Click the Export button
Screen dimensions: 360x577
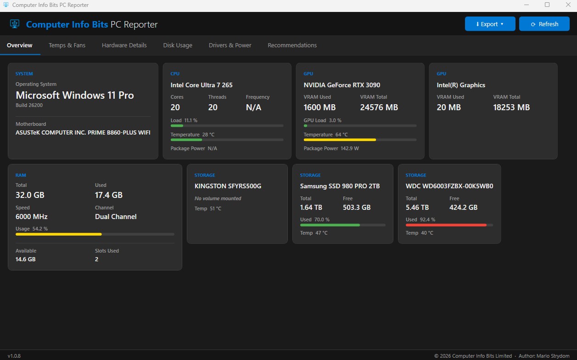click(x=490, y=24)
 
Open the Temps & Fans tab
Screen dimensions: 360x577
click(x=67, y=45)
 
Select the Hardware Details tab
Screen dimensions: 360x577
click(x=124, y=45)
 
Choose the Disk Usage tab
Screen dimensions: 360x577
click(x=178, y=45)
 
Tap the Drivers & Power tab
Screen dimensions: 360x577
click(x=230, y=45)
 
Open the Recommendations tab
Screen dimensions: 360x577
click(x=292, y=45)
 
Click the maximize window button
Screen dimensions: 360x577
click(x=547, y=5)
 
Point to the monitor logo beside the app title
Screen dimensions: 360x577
click(x=15, y=24)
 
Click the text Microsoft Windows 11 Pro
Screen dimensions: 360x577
click(x=75, y=96)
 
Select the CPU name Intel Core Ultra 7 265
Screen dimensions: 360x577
click(x=202, y=85)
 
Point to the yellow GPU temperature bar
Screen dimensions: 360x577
click(x=340, y=140)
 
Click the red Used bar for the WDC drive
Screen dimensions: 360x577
click(x=446, y=225)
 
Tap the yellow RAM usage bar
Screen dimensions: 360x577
click(x=59, y=234)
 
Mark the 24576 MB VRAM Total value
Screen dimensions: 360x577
click(x=379, y=107)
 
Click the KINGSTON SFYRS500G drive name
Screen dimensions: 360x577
click(x=228, y=186)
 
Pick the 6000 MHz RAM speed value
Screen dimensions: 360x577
click(x=32, y=217)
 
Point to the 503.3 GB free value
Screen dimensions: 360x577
click(x=357, y=208)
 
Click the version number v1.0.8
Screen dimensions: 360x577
click(x=14, y=356)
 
